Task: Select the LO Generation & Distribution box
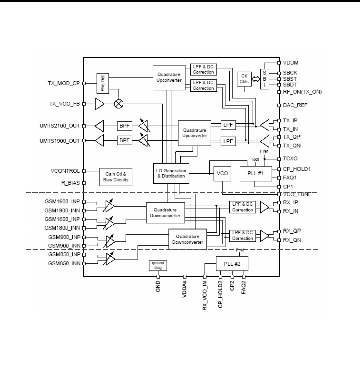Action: [171, 173]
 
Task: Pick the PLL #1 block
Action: [256, 173]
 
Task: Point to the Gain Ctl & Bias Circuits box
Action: [116, 177]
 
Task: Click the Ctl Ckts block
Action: [245, 80]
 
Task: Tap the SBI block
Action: [265, 80]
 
